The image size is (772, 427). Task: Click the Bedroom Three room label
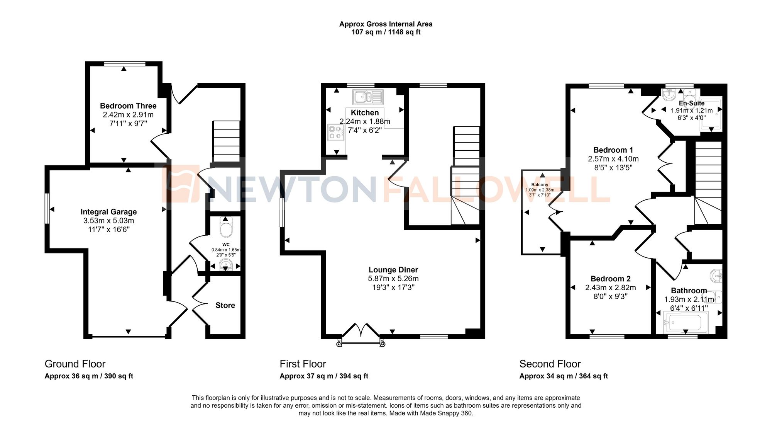(128, 106)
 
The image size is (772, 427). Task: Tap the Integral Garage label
(108, 212)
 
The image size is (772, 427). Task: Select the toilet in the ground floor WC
(226, 228)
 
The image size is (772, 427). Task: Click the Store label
(225, 305)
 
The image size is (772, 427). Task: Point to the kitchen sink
(367, 97)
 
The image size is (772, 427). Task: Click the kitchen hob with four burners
(335, 133)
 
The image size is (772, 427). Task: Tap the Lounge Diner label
(393, 270)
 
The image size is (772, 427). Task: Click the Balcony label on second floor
(540, 185)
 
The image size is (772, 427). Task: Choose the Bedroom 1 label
(613, 150)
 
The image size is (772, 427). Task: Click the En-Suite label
(691, 103)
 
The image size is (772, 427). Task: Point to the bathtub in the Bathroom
(686, 323)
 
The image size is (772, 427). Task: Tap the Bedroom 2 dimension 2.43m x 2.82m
(610, 288)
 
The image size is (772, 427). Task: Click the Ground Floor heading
(75, 364)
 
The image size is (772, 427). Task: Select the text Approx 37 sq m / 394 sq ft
(323, 376)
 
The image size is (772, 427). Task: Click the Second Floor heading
(550, 364)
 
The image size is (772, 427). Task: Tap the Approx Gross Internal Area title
(386, 24)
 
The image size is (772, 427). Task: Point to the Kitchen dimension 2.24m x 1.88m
(365, 121)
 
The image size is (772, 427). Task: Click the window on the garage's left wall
(47, 209)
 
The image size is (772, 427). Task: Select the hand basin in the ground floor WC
(225, 265)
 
